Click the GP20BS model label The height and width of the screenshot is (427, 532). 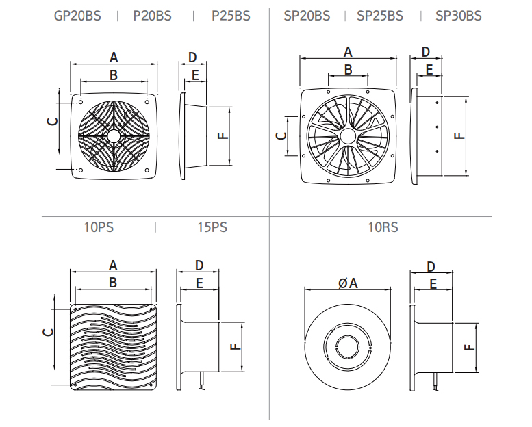[x=77, y=16]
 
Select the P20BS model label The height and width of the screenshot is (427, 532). [x=152, y=16]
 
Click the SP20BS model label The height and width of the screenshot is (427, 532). [x=306, y=16]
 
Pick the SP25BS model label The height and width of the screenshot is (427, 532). [x=380, y=16]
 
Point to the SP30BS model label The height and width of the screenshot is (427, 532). [x=458, y=16]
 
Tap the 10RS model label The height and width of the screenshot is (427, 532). [x=383, y=227]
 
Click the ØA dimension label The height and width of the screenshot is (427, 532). [x=348, y=283]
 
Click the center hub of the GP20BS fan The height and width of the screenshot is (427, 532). [x=114, y=135]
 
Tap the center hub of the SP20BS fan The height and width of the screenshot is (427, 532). [x=347, y=135]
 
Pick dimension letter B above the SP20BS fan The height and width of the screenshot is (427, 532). [x=348, y=69]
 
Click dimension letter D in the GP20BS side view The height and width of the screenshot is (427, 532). [x=192, y=57]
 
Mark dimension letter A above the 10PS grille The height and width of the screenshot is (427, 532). [x=114, y=266]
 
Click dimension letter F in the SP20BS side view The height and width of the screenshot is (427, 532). [x=460, y=135]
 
